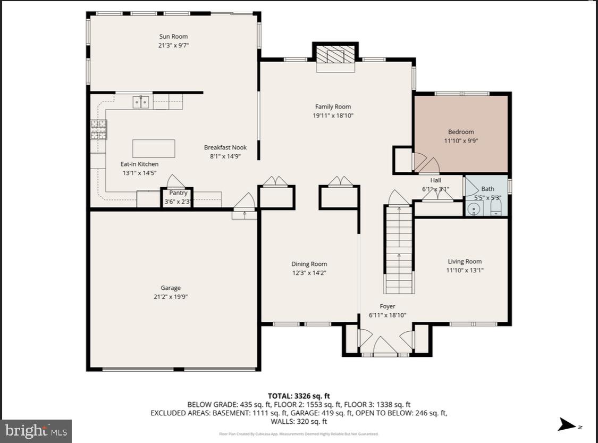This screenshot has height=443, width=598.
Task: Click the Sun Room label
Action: [x=173, y=37]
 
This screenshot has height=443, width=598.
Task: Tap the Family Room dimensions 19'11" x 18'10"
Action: [x=333, y=115]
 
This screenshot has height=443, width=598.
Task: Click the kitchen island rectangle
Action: [x=154, y=148]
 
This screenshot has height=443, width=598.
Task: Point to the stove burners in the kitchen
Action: [x=98, y=129]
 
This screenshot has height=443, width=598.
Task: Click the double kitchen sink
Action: [x=140, y=101]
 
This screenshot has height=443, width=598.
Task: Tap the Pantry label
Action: [x=178, y=193]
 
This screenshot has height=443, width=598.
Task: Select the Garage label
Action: [x=171, y=288]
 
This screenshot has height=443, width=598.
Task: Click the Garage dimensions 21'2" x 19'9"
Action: [x=171, y=297]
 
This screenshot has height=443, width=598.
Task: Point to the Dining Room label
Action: [x=309, y=264]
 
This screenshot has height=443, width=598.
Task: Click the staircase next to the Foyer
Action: [x=399, y=250]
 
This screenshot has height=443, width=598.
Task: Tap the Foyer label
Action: [x=387, y=306]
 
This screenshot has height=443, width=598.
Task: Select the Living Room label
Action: [x=465, y=261]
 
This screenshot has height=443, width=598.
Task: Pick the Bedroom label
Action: [x=461, y=132]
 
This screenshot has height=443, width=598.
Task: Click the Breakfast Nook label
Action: [x=225, y=148]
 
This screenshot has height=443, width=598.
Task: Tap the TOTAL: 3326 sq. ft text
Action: [x=299, y=396]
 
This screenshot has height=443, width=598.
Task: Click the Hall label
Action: [x=435, y=180]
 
